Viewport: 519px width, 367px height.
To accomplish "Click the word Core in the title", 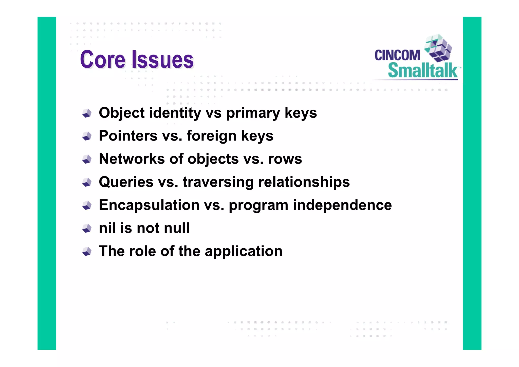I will (102, 60).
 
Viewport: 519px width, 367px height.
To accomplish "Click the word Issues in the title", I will (162, 60).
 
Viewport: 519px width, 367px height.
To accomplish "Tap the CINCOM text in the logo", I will (397, 55).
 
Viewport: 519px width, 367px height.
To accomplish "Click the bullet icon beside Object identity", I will (87, 113).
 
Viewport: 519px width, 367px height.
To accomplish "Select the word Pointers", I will (128, 136).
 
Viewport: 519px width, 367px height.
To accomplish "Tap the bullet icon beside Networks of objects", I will (87, 159).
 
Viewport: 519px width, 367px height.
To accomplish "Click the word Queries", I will (126, 182).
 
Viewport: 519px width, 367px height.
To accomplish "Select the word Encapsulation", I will (149, 205).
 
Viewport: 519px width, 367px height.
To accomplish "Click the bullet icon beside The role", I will (87, 251).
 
